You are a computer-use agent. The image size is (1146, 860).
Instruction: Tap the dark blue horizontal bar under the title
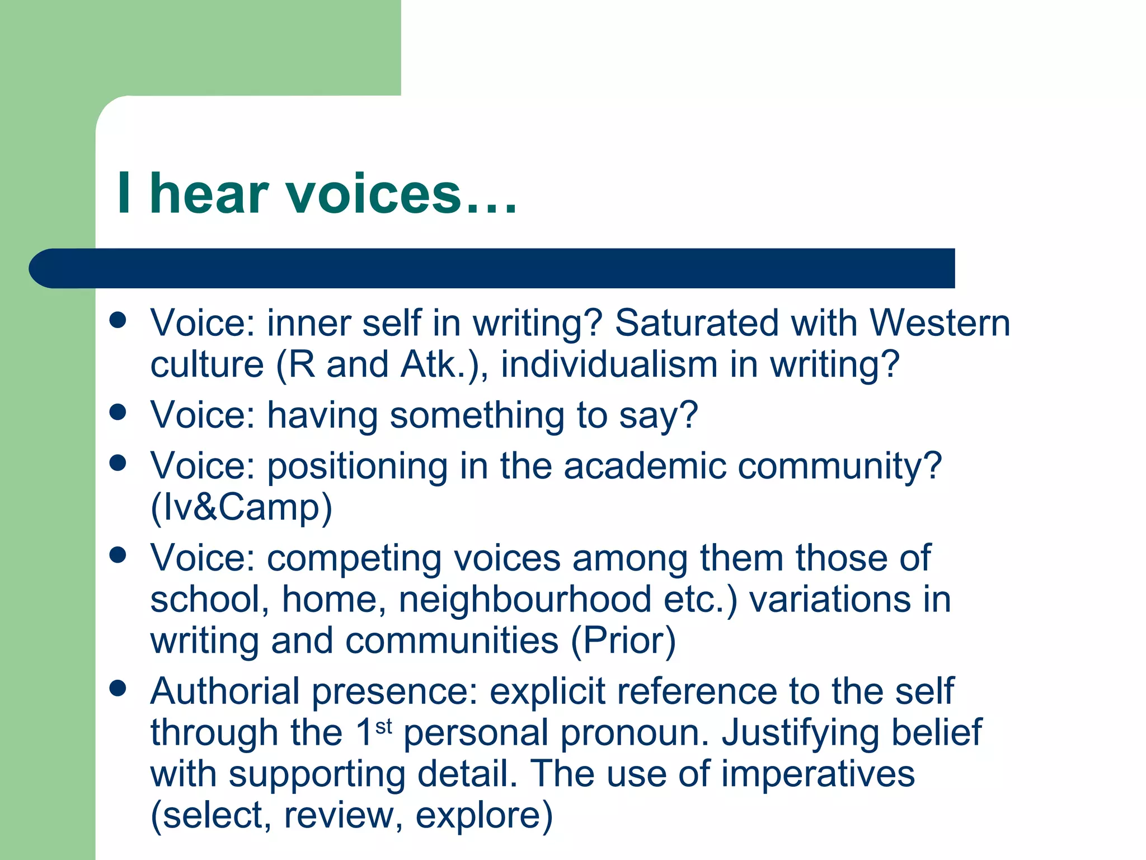[x=492, y=268]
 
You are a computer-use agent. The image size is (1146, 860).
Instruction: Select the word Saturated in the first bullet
[x=696, y=323]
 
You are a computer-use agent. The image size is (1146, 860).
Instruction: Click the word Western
[x=940, y=323]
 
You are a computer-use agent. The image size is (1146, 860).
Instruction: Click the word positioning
[x=358, y=466]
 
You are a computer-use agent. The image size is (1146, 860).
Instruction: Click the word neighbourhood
[x=525, y=599]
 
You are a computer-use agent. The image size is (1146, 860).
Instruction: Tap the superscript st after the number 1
[x=384, y=727]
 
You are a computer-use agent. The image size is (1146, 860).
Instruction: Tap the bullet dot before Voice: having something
[x=118, y=413]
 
